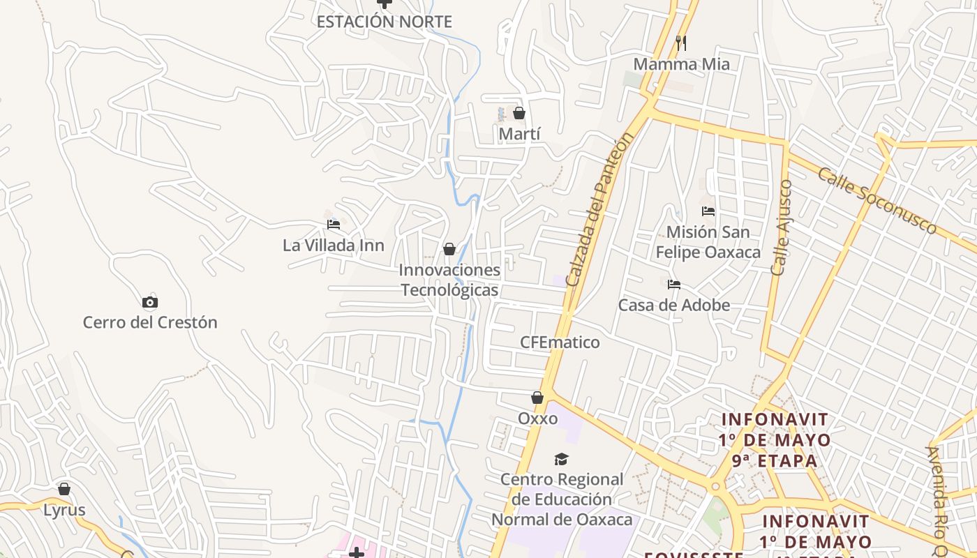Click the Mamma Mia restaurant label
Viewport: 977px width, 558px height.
[x=681, y=64]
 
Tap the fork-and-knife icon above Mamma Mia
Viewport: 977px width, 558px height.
[x=681, y=43]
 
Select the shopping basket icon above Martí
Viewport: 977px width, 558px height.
[x=519, y=113]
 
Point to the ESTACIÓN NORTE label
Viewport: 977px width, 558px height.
[x=384, y=22]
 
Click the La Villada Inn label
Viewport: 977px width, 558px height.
[x=334, y=246]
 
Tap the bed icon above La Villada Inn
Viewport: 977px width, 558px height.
[x=334, y=225]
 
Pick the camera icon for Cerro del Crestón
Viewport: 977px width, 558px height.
[x=150, y=302]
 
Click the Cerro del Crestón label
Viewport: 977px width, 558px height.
[x=150, y=322]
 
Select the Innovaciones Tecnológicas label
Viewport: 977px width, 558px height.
[x=449, y=280]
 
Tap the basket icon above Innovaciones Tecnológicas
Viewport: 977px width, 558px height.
[x=449, y=249]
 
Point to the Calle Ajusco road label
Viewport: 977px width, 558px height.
[x=782, y=227]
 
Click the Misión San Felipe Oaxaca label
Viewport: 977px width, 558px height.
[x=708, y=241]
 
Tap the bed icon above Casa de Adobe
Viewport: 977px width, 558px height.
[x=674, y=284]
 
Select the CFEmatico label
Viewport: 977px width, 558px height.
[x=560, y=342]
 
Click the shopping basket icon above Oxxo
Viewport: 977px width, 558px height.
[x=537, y=398]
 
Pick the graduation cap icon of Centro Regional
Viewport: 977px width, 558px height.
[x=561, y=459]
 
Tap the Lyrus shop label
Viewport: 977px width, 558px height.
[x=64, y=510]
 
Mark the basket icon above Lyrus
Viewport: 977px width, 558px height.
[x=64, y=489]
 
